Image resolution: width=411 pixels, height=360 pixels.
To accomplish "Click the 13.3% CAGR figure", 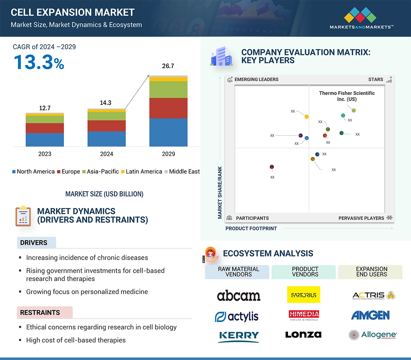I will click(39, 62).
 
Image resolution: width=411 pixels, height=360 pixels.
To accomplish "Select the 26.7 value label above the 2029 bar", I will click(168, 66).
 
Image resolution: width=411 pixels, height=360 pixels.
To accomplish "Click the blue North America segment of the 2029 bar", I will click(168, 132).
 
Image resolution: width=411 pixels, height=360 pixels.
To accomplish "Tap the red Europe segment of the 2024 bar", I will click(106, 126).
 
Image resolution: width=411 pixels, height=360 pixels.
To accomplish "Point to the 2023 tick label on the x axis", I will click(45, 154).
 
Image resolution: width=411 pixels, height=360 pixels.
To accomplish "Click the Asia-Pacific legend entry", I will click(100, 172).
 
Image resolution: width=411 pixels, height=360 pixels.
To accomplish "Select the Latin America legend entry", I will click(142, 172).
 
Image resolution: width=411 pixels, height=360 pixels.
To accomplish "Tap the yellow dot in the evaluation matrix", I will click(307, 116).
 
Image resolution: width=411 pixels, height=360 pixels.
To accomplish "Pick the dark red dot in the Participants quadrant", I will click(272, 167).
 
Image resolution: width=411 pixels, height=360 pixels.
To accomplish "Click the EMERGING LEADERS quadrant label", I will click(256, 79).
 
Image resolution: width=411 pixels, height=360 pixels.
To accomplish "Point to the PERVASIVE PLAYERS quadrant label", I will click(361, 218).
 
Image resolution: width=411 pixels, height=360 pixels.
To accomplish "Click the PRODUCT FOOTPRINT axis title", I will click(251, 228).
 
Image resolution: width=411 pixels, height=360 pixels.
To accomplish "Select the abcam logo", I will click(239, 296).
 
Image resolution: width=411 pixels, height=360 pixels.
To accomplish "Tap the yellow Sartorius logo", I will click(304, 295).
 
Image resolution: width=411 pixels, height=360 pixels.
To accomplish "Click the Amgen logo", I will click(370, 315).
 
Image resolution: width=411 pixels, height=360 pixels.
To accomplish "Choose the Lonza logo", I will click(303, 335).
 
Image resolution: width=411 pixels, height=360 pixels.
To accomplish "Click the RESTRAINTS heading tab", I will click(40, 313).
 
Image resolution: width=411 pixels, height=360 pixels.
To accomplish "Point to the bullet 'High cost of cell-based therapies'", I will click(76, 340).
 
